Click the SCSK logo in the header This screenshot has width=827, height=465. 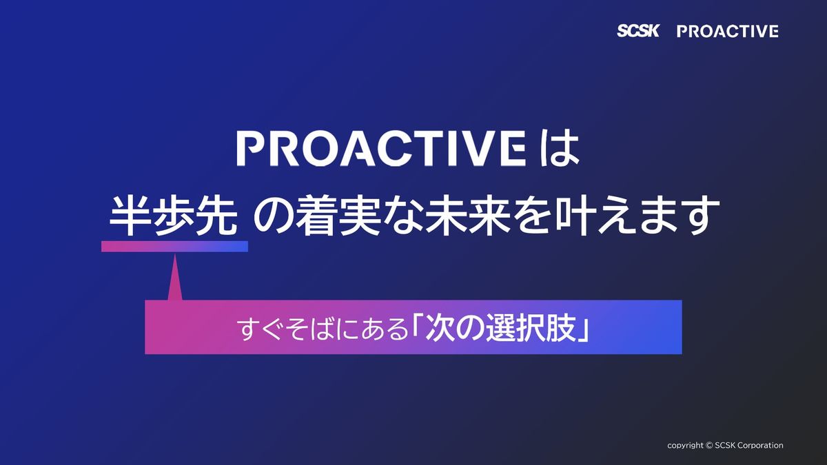click(638, 30)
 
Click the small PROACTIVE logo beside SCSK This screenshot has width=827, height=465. click(728, 32)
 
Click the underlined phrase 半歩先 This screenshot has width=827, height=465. click(174, 216)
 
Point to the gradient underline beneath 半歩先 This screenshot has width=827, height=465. click(174, 246)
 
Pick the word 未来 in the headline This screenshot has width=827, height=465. click(469, 216)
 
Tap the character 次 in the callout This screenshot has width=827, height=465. click(440, 328)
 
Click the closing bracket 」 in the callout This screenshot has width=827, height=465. click(583, 332)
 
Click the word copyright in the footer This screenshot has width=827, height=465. click(685, 446)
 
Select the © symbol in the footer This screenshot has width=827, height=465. click(709, 446)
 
